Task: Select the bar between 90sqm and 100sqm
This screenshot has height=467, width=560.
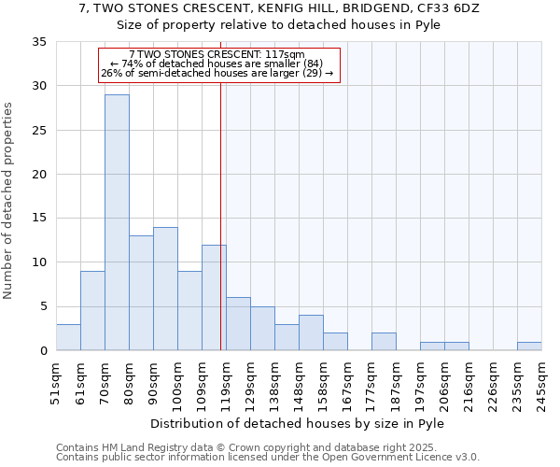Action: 165,289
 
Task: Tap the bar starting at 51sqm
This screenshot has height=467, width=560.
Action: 68,337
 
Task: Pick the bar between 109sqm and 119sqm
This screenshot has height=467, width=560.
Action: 214,297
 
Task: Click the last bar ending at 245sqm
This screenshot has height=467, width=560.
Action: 529,346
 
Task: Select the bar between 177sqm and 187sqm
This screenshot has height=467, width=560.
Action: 384,342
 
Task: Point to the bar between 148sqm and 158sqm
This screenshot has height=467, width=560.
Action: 311,333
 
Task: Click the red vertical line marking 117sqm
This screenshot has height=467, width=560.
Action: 220,187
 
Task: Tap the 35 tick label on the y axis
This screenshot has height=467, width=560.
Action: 38,42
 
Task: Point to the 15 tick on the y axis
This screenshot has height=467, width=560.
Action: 38,219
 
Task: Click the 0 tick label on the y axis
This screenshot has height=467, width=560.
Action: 43,351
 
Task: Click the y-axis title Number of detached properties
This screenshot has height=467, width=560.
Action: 8,201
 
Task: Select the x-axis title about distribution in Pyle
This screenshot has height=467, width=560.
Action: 297,423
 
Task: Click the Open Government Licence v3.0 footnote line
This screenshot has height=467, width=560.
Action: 268,458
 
